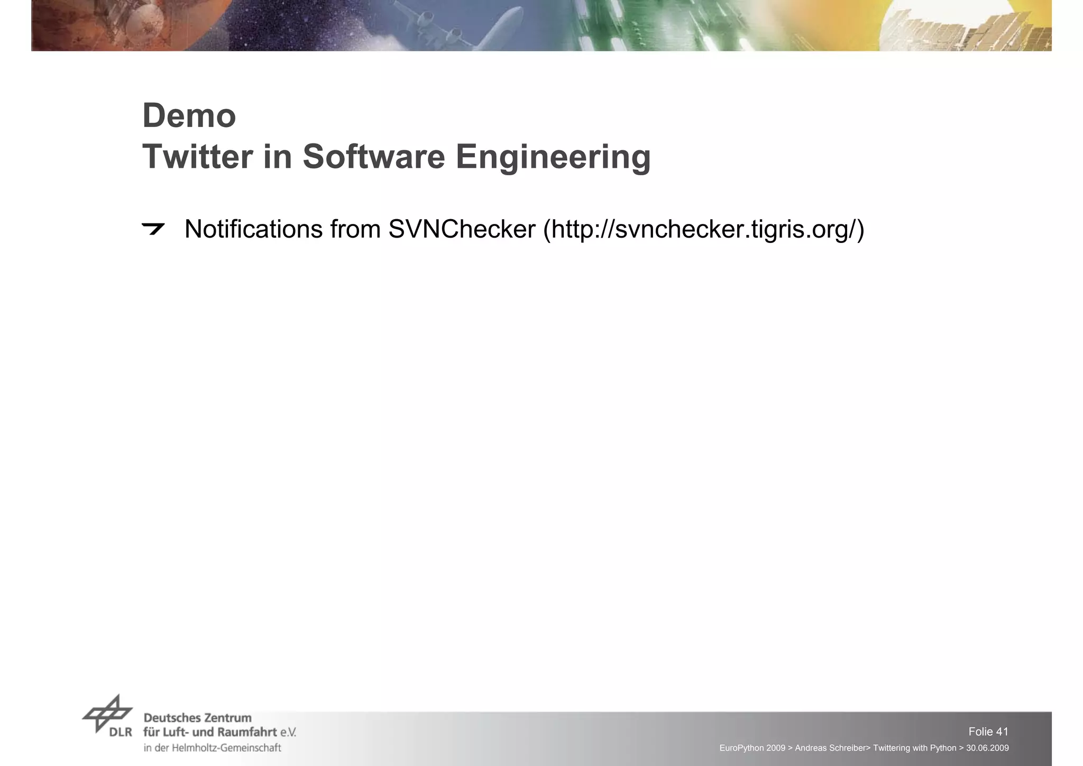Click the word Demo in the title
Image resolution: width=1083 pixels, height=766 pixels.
coord(189,116)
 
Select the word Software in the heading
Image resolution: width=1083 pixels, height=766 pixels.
coord(373,157)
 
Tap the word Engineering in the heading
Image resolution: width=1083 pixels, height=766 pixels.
coord(553,158)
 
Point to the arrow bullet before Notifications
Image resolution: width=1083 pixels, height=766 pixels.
coord(153,229)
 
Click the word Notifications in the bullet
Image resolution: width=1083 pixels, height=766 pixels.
coord(253,229)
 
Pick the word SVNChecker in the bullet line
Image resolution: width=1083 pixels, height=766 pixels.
coord(462,229)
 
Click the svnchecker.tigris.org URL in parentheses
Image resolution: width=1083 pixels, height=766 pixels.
coord(703,230)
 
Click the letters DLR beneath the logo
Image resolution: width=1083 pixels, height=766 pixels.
coord(121,733)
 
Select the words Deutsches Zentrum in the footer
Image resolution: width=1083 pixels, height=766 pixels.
coord(197,718)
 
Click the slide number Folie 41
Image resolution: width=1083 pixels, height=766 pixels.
coord(988,732)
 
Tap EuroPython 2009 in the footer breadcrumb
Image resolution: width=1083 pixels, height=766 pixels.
coord(752,748)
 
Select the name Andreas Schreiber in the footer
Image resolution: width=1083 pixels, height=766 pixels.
coord(830,748)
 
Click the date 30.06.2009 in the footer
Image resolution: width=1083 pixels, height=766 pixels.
coord(987,748)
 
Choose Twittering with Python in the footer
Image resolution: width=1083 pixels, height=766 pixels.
coord(914,748)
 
